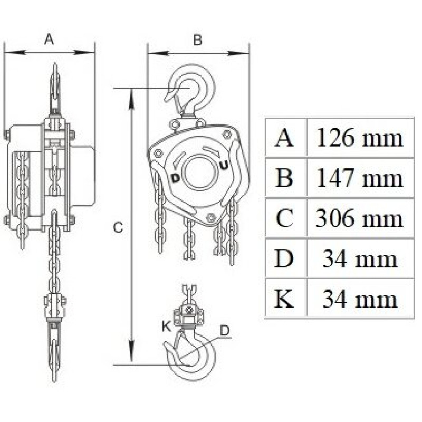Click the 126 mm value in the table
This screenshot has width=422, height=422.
(360, 138)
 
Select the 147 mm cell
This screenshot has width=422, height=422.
(360, 178)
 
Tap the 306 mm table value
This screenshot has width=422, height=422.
(359, 218)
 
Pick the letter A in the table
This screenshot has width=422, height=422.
(284, 138)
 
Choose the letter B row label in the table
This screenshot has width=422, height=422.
(284, 178)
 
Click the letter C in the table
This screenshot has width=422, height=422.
(284, 218)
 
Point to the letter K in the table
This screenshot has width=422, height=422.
(284, 299)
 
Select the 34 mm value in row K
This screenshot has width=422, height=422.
(360, 299)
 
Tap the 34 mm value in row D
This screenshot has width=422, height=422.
(360, 258)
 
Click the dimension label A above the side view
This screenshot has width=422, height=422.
(49, 39)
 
